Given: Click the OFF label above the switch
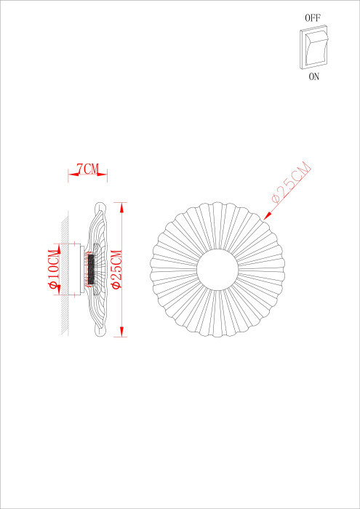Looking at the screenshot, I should [313, 15].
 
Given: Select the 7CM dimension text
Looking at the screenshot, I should [87, 169].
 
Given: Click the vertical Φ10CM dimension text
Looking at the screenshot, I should [53, 269].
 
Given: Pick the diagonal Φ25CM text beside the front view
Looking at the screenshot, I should [289, 182].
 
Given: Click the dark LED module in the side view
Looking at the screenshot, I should [91, 269].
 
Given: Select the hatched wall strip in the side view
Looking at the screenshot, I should [63, 273].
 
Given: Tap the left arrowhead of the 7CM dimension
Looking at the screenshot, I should [71, 174].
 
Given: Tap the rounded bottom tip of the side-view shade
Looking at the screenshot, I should [101, 332].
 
